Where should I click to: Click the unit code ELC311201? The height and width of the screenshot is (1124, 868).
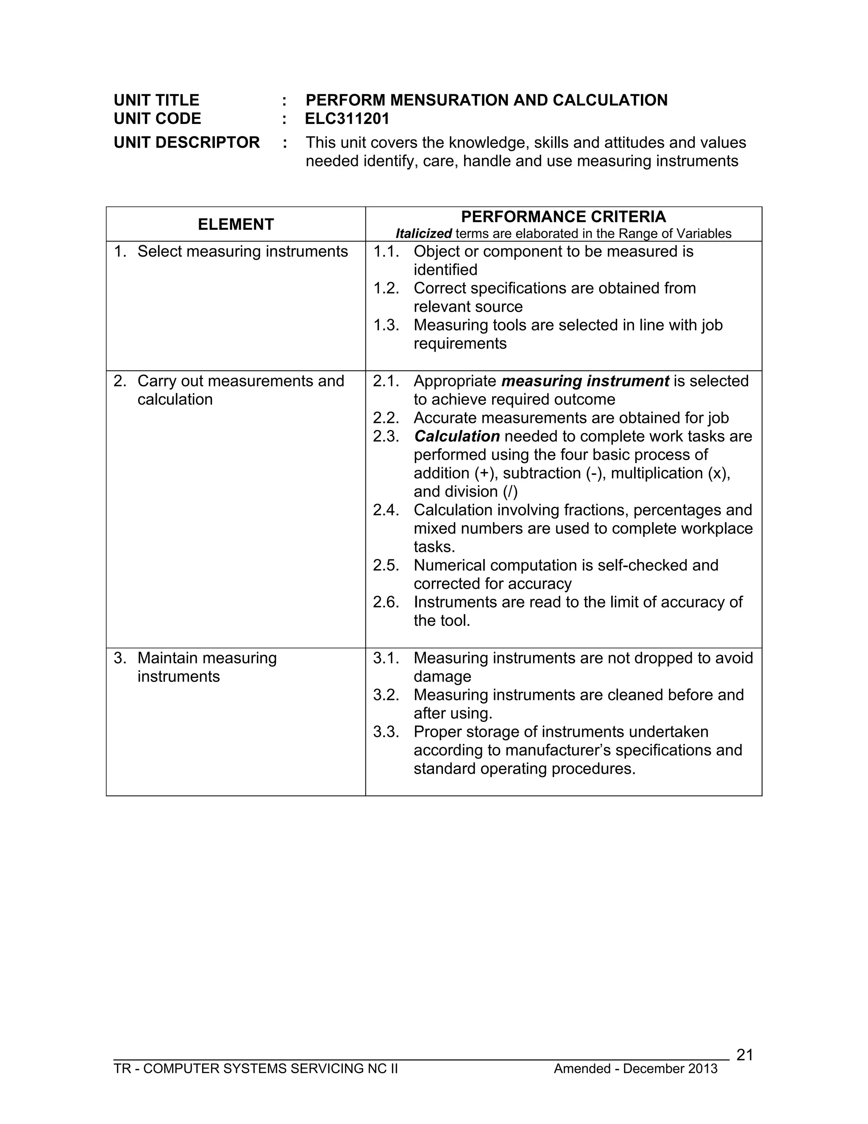point(347,119)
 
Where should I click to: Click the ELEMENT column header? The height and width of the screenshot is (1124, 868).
point(236,224)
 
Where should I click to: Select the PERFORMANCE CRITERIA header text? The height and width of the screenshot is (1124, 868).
point(563,217)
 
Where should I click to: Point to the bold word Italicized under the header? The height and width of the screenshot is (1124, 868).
point(423,234)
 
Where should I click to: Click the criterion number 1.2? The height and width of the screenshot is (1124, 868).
point(386,288)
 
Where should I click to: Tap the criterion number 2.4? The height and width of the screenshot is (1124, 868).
point(386,510)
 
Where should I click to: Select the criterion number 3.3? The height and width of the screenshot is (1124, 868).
point(386,732)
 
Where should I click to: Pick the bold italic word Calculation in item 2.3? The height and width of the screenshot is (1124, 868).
point(456,436)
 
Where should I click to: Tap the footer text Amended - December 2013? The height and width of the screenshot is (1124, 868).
point(635,1069)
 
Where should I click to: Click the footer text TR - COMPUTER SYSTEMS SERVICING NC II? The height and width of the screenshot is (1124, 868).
point(256,1069)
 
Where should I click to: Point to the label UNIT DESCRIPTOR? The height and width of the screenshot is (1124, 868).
point(186,143)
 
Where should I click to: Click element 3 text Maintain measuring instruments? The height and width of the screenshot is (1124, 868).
point(207,667)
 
